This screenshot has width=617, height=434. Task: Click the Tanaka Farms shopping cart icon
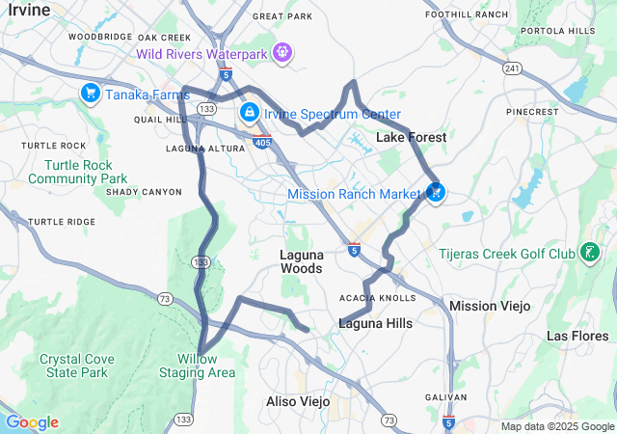pos(90,93)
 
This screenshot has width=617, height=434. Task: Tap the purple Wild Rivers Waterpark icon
pos(282,51)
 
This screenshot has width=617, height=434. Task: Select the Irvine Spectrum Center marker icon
pos(250,113)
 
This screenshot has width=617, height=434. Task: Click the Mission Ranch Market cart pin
pos(435,192)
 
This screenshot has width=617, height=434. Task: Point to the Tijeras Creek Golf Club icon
pos(588,254)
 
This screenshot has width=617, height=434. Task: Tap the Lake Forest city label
pos(411,138)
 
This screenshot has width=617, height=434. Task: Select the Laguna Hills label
pos(375,323)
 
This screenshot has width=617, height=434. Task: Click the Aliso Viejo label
pos(298,400)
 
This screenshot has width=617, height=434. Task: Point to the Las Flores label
pos(578,336)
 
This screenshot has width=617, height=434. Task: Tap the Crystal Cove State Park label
pos(73,366)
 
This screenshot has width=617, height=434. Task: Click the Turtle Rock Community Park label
pos(77,172)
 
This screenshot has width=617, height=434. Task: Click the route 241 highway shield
pos(512,68)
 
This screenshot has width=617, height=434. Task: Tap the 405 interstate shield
pos(261,143)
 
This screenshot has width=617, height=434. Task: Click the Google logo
pos(32,422)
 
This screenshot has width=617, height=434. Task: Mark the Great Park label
pos(282,16)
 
